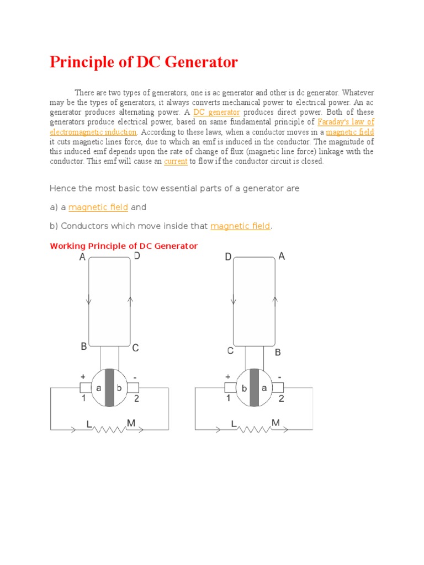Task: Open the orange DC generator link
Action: tap(216, 112)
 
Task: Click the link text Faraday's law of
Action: tap(346, 122)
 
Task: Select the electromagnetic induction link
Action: tap(93, 132)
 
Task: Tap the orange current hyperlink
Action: tap(176, 162)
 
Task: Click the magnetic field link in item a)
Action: tap(98, 207)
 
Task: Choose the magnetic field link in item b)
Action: tap(240, 226)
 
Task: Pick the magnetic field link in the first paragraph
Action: tap(350, 132)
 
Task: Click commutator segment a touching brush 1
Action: tap(99, 388)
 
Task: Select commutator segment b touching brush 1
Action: tap(243, 388)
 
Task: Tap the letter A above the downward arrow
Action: tap(82, 257)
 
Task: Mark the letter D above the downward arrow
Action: tap(228, 257)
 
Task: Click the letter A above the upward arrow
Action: tap(282, 256)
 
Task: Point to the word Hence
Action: tap(61, 189)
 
